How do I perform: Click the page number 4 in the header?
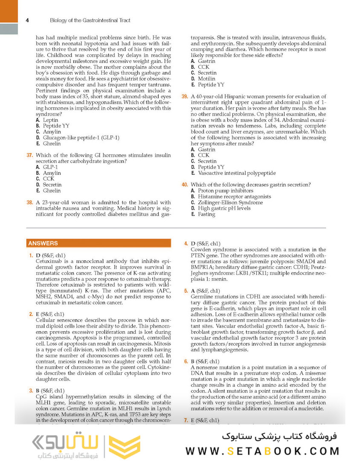click(27, 20)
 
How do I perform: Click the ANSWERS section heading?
click(43, 243)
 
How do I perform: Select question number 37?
click(29, 155)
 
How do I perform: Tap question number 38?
click(29, 202)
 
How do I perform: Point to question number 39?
click(185, 96)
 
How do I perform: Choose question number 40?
click(185, 185)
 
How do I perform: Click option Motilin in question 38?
click(206, 79)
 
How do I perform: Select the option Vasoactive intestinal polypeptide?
click(237, 173)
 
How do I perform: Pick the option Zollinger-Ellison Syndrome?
click(230, 203)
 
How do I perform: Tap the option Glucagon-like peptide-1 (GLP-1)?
click(81, 138)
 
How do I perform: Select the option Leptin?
click(50, 120)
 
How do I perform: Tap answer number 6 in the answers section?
click(186, 361)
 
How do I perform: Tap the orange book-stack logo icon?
click(125, 447)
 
